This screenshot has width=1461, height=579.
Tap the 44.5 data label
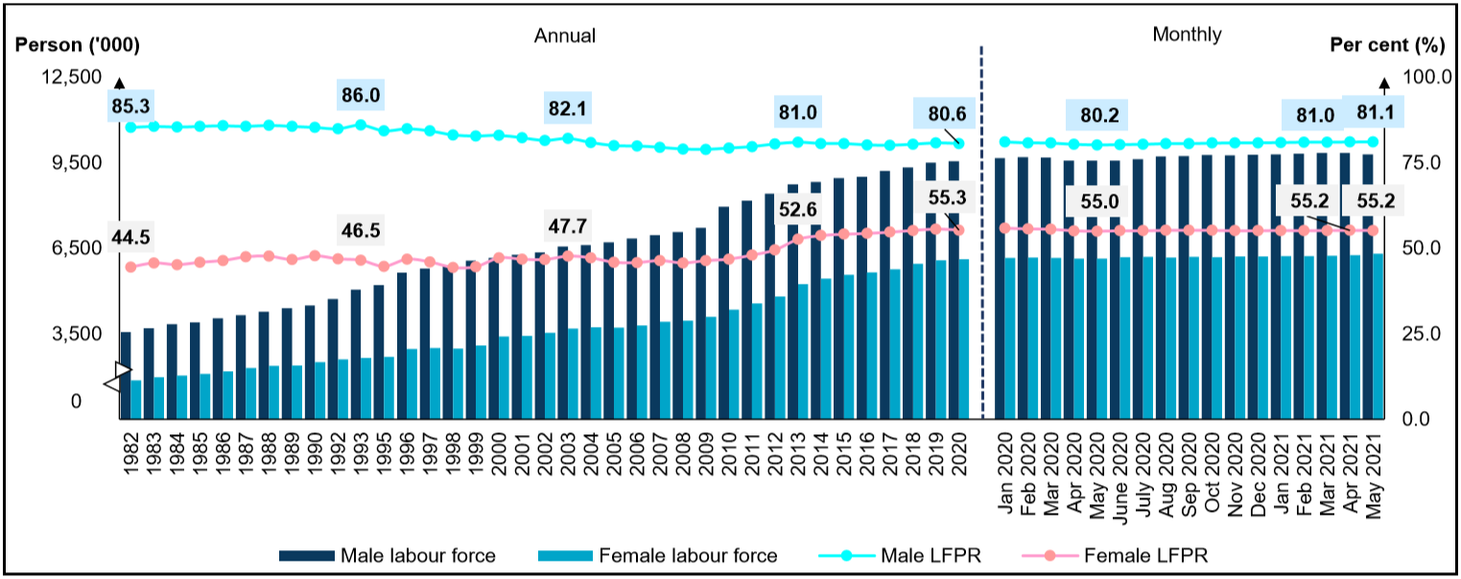coord(135,238)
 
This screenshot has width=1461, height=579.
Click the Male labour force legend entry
coord(388,555)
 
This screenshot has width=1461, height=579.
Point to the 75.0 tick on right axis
coord(1422,162)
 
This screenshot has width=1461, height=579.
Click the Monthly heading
coord(1187,35)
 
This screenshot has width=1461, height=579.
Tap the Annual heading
coord(565,35)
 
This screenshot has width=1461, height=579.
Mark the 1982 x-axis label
coord(130,453)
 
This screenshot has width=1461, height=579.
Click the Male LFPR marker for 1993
coord(361,125)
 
